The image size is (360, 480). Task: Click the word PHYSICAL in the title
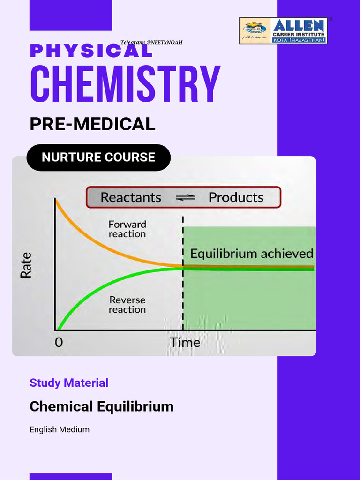[91, 51]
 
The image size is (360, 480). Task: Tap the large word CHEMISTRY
[125, 85]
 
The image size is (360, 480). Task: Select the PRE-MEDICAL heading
[92, 124]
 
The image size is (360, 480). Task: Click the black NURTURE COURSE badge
[98, 157]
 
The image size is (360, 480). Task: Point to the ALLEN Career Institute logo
[283, 31]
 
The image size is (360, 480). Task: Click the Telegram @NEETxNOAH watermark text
[151, 43]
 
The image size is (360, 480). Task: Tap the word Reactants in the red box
[131, 197]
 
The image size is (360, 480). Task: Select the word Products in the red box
[236, 197]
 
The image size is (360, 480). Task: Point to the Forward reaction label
[127, 229]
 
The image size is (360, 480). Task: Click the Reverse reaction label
[127, 305]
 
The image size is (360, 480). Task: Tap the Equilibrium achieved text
[252, 254]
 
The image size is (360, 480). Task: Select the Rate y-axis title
[26, 265]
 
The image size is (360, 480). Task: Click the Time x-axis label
[185, 343]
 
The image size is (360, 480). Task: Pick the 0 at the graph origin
[59, 343]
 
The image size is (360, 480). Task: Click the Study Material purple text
[69, 383]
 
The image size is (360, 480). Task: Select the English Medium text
[60, 429]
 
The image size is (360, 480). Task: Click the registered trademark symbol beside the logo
[330, 20]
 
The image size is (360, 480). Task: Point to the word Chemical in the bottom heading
[61, 406]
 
